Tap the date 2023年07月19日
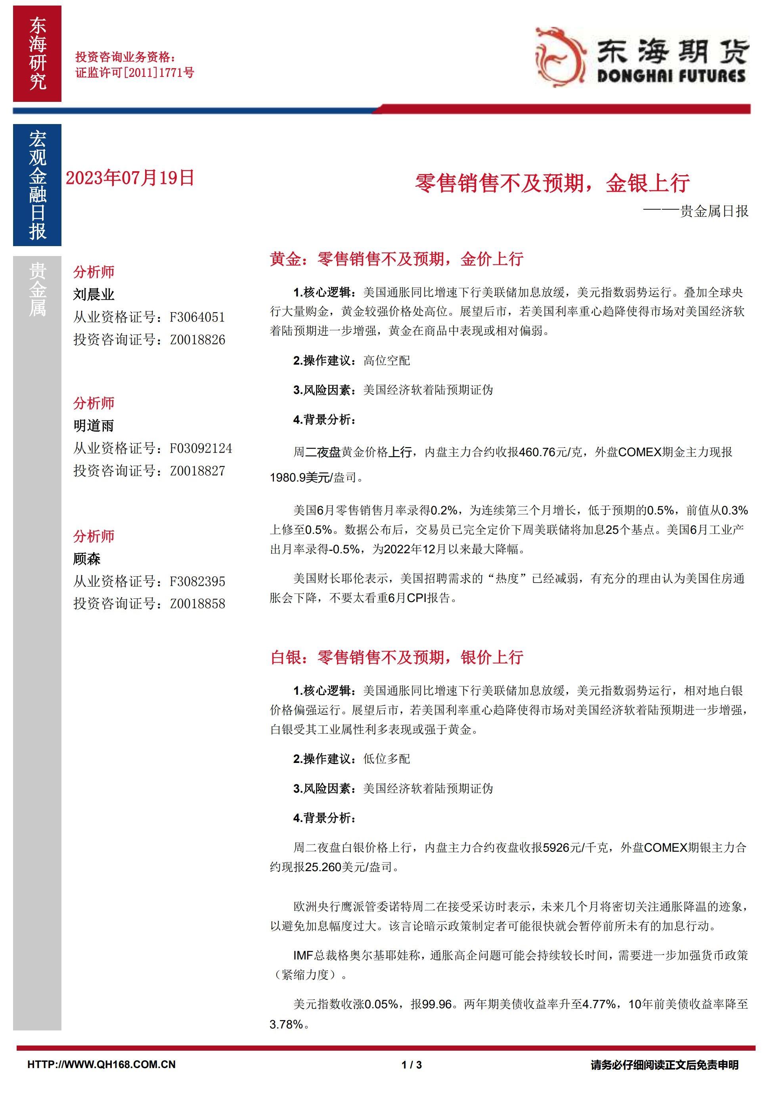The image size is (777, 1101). click(130, 178)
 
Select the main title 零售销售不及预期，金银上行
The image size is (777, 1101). click(552, 183)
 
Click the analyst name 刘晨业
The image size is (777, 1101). click(94, 294)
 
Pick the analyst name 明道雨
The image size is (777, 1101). click(94, 426)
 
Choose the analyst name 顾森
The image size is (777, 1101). click(87, 559)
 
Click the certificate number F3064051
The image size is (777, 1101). click(197, 317)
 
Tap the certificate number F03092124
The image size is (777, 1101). click(201, 448)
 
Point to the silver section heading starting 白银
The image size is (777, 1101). click(396, 657)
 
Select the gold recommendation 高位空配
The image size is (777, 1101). click(387, 361)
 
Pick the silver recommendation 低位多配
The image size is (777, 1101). click(387, 759)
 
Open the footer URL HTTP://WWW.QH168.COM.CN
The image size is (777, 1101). click(101, 1078)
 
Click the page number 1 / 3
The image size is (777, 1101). click(411, 1078)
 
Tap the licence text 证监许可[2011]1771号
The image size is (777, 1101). click(135, 73)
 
